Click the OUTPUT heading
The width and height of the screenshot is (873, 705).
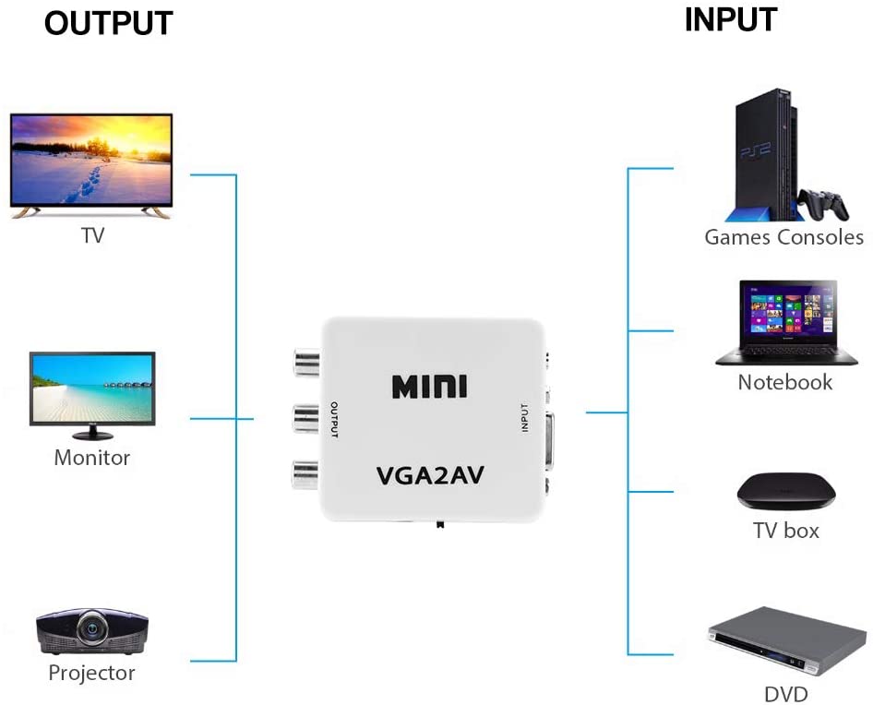(x=108, y=23)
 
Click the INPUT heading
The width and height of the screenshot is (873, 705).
(x=730, y=19)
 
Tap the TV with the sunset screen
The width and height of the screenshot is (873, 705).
(x=91, y=163)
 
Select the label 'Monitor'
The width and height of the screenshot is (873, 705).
(x=92, y=457)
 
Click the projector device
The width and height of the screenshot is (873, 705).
(x=90, y=631)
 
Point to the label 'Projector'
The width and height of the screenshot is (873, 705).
(x=91, y=673)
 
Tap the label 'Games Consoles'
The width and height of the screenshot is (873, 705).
(x=783, y=237)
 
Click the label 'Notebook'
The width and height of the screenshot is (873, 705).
(x=784, y=382)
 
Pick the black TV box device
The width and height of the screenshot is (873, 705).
(x=785, y=494)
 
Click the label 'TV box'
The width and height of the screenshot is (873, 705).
(x=785, y=531)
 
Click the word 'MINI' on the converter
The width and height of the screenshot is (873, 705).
(x=429, y=386)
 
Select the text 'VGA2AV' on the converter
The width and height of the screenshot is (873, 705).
(x=430, y=475)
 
